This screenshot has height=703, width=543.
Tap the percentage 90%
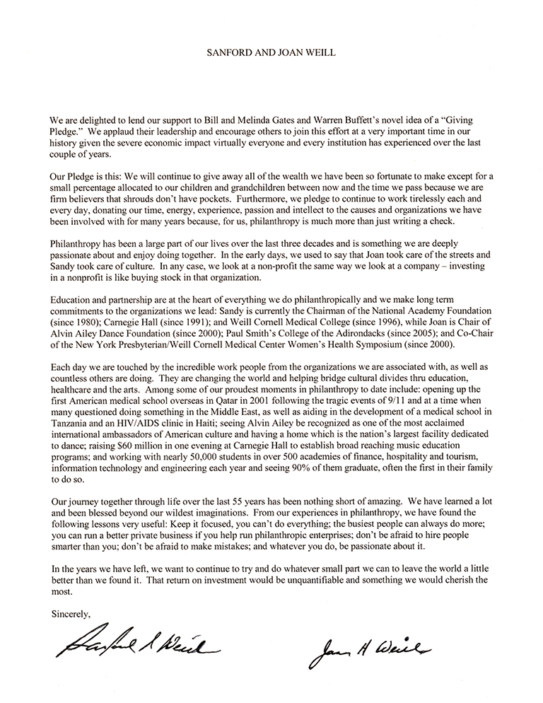345,498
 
